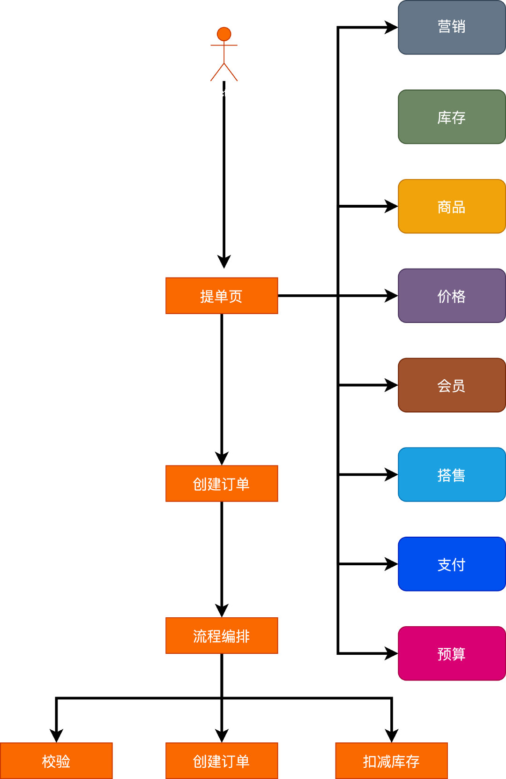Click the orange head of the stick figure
point(224,34)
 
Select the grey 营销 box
point(452,27)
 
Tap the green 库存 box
point(452,117)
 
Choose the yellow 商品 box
point(452,206)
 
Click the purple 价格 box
point(452,296)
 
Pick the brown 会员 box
point(452,385)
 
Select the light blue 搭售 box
point(452,474)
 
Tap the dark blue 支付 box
point(452,564)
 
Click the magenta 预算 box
point(452,653)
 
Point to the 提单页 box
point(222,296)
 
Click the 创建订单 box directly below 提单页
point(222,483)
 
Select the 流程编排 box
point(222,636)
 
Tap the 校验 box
point(56,761)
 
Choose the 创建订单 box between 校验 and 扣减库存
point(222,761)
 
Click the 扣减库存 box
point(391,761)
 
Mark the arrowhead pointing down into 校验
point(56,736)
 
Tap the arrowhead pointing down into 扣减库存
point(392,736)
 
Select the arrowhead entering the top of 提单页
point(224,262)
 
